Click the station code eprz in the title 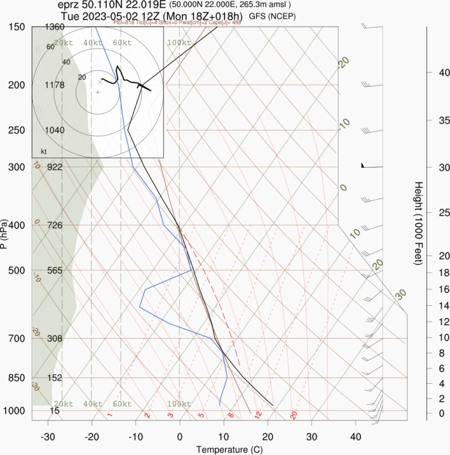coord(70,5)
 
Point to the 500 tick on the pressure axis coord(17,270)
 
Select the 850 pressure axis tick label coord(17,378)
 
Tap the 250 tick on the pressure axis coord(17,130)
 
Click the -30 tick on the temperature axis coord(48,436)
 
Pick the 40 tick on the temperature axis coord(355,436)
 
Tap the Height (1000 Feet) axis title coord(418,223)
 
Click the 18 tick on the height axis coord(428,273)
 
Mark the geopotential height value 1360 coord(54,27)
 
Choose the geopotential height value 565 coord(54,270)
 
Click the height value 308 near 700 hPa coord(54,339)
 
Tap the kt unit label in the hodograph coord(43,151)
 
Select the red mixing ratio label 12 coord(257,415)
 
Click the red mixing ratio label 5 coord(201,415)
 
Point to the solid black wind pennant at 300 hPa coord(364,166)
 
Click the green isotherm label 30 coord(401,294)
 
